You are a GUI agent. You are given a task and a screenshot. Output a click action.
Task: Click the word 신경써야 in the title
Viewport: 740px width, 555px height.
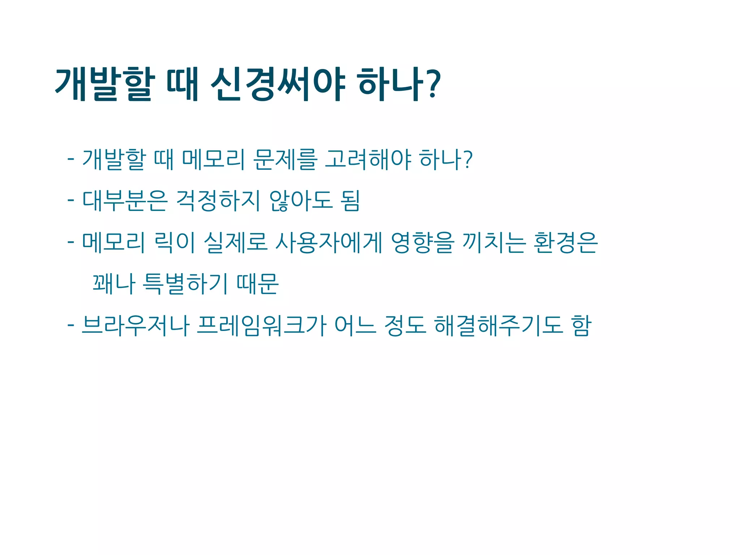[x=277, y=85]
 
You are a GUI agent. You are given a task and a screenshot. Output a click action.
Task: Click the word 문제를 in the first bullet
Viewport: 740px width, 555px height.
[x=285, y=159]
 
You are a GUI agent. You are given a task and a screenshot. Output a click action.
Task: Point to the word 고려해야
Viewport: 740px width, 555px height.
[x=368, y=159]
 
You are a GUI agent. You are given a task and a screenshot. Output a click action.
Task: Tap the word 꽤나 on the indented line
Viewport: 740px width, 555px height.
[x=114, y=284]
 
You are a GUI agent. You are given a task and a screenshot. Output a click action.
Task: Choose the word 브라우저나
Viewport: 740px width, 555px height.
[x=135, y=326]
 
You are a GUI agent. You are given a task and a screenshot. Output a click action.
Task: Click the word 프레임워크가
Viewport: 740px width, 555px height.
[x=262, y=326]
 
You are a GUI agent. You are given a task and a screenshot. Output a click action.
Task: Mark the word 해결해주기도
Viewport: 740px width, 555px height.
[x=499, y=326]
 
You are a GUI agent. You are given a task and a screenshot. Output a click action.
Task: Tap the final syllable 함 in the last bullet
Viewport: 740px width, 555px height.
[x=581, y=326]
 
